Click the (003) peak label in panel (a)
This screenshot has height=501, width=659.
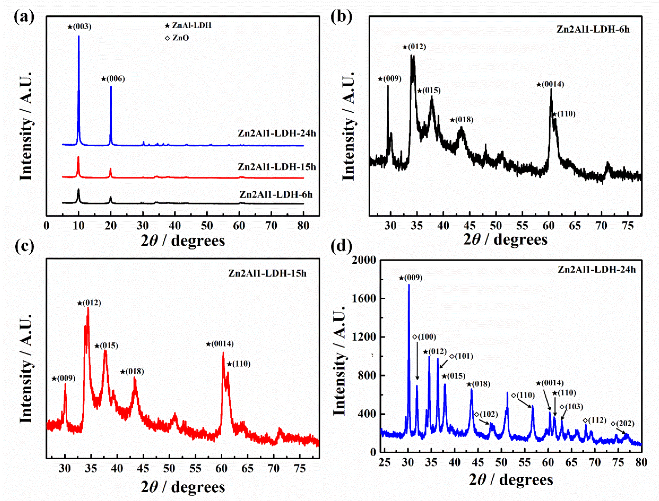79,27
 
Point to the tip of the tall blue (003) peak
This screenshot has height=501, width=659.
79,36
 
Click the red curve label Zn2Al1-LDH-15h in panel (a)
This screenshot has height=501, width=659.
277,167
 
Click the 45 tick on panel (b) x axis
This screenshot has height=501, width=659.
470,226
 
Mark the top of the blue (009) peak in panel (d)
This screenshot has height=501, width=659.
409,285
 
